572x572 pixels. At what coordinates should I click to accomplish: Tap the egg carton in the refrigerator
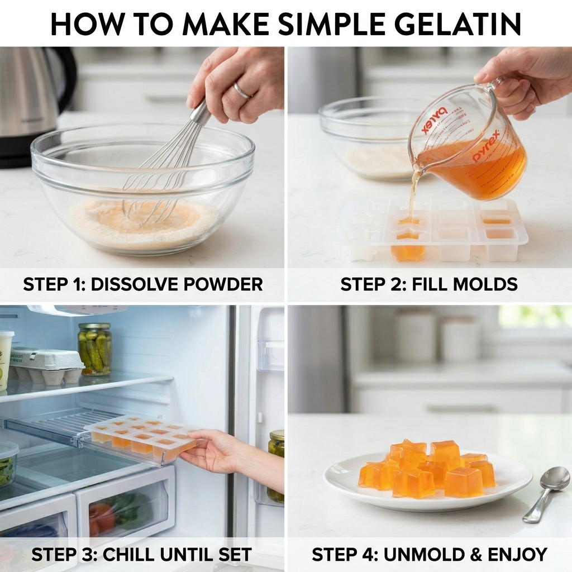pyautogui.click(x=47, y=366)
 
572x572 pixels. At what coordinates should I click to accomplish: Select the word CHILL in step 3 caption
pyautogui.click(x=125, y=555)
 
